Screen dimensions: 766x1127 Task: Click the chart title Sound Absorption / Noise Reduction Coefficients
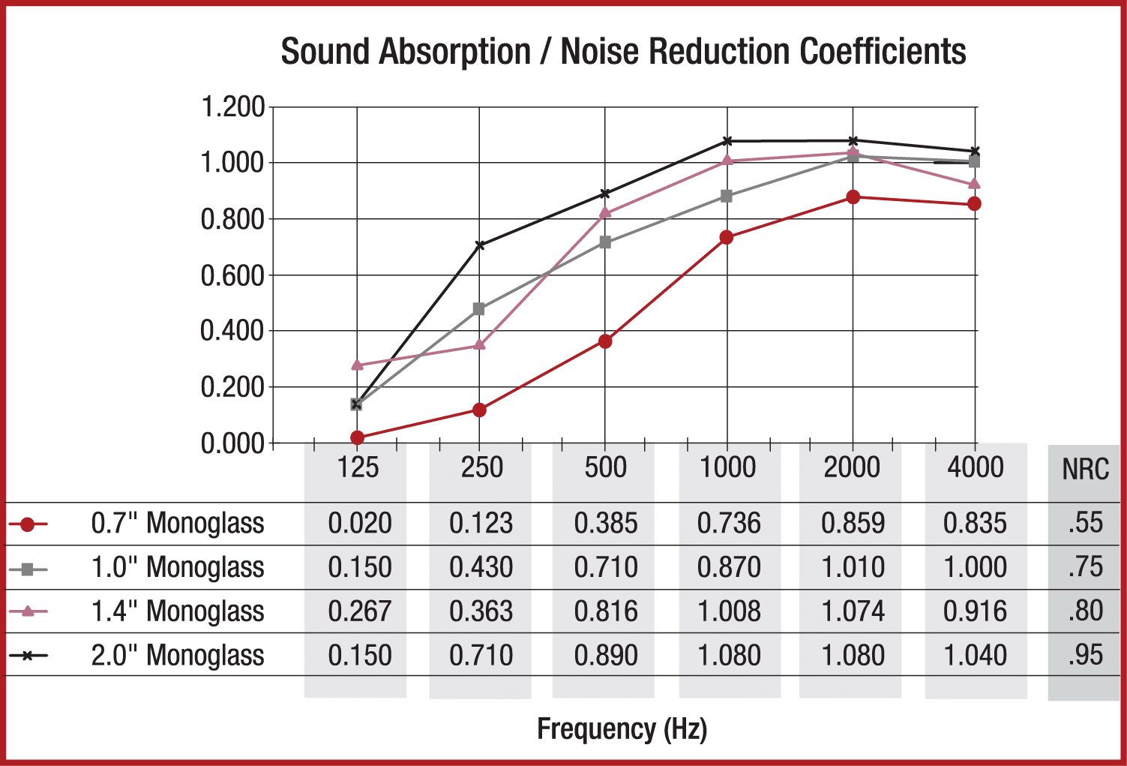point(623,52)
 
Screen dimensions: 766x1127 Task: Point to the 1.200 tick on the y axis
point(232,107)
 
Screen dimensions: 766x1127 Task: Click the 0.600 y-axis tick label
point(232,276)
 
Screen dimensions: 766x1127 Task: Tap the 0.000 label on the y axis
point(232,443)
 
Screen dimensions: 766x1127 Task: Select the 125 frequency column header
point(358,467)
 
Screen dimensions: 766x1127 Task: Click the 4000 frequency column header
point(975,467)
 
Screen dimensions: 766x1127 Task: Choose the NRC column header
point(1085,470)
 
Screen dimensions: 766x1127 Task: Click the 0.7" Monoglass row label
point(178,523)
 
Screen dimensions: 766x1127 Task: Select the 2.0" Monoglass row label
point(178,655)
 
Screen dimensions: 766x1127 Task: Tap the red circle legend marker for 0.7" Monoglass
point(28,524)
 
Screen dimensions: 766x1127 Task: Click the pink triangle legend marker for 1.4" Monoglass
point(28,611)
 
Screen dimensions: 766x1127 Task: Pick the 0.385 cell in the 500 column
point(606,523)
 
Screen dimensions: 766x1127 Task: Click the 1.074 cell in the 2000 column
point(853,611)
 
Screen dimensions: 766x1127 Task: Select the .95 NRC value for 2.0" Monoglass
point(1085,655)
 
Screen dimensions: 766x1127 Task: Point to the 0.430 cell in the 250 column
point(481,567)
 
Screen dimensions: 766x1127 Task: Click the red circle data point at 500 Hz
point(605,341)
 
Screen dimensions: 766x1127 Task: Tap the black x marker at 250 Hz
point(480,245)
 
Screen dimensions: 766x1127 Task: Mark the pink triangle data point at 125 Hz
point(357,365)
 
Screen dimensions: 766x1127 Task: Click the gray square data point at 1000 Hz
point(727,197)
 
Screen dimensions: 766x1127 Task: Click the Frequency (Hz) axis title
point(622,729)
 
